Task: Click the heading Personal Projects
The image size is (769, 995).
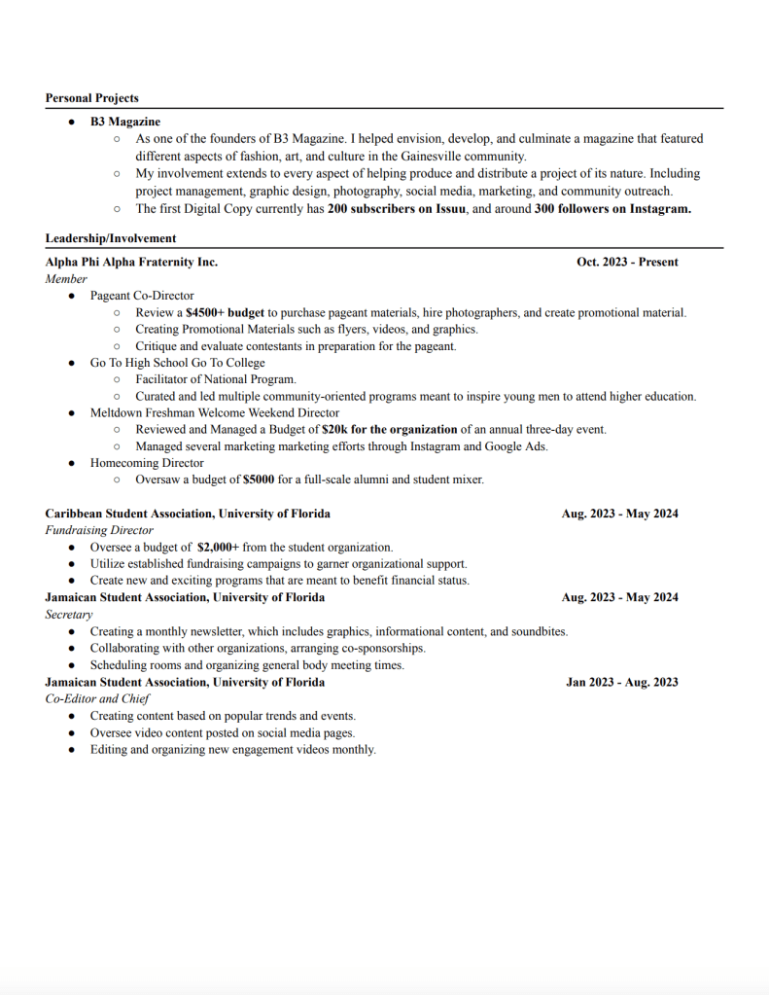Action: [91, 98]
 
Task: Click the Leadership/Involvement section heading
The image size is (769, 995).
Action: [111, 238]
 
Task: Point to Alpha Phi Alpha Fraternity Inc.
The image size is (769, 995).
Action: [131, 263]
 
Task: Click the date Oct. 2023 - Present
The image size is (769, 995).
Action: [627, 263]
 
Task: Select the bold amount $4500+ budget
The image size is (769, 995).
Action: [225, 313]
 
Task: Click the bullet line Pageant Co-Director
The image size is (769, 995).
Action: [142, 296]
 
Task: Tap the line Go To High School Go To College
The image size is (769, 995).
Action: [177, 363]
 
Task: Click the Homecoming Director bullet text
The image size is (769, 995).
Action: [147, 463]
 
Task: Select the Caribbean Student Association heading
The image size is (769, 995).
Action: [188, 514]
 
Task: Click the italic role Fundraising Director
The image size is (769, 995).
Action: [99, 530]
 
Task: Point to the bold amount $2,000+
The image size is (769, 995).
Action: [218, 548]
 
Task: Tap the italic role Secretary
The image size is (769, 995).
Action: [69, 615]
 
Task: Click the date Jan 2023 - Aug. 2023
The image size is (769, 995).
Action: [622, 682]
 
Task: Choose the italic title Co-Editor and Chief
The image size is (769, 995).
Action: [97, 698]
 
